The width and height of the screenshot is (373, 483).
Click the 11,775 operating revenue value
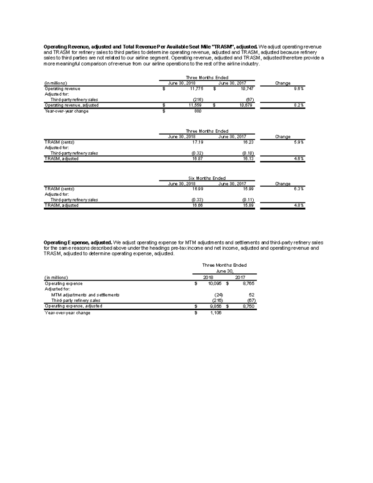[197, 89]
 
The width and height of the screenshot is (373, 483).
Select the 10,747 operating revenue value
[247, 89]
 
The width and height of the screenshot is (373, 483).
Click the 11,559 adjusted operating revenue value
[197, 105]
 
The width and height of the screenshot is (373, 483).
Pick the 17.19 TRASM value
[198, 142]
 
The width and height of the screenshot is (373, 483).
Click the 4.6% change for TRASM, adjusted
[299, 159]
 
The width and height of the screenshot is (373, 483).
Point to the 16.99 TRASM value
[198, 189]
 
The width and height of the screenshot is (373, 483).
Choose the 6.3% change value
[299, 189]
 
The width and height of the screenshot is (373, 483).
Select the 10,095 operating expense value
[214, 283]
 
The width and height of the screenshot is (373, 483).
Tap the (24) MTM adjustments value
[218, 295]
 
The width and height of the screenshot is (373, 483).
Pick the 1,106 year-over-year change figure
[215, 313]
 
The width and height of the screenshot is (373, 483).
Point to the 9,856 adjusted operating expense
[215, 306]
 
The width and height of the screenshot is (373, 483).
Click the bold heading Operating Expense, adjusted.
[78, 243]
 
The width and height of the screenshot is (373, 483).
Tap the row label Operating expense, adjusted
[73, 306]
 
